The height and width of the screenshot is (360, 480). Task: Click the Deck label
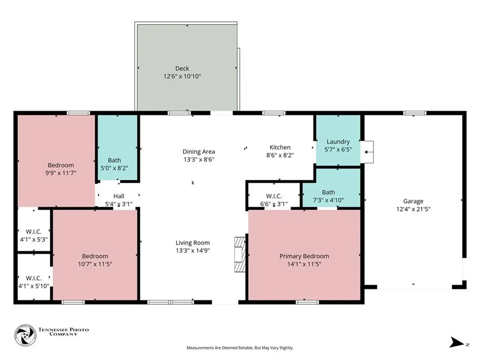click(x=182, y=68)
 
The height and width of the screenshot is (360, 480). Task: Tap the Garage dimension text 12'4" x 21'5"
click(x=413, y=209)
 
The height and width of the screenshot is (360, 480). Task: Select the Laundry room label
click(x=338, y=142)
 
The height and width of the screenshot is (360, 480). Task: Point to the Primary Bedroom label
click(x=304, y=256)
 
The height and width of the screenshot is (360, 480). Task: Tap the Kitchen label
click(x=279, y=147)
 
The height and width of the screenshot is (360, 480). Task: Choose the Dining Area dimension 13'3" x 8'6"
click(x=199, y=159)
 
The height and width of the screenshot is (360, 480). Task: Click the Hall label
click(x=119, y=196)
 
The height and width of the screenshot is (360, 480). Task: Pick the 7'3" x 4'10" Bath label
click(x=328, y=192)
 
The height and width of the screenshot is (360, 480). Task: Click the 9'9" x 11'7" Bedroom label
click(x=60, y=165)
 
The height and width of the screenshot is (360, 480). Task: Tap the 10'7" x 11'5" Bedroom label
click(x=95, y=256)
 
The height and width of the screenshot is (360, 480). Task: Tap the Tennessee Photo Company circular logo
click(x=25, y=335)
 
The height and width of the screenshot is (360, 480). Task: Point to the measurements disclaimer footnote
click(x=240, y=348)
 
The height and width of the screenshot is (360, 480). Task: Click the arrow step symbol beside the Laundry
click(x=368, y=151)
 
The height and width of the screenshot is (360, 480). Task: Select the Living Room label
click(x=193, y=242)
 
